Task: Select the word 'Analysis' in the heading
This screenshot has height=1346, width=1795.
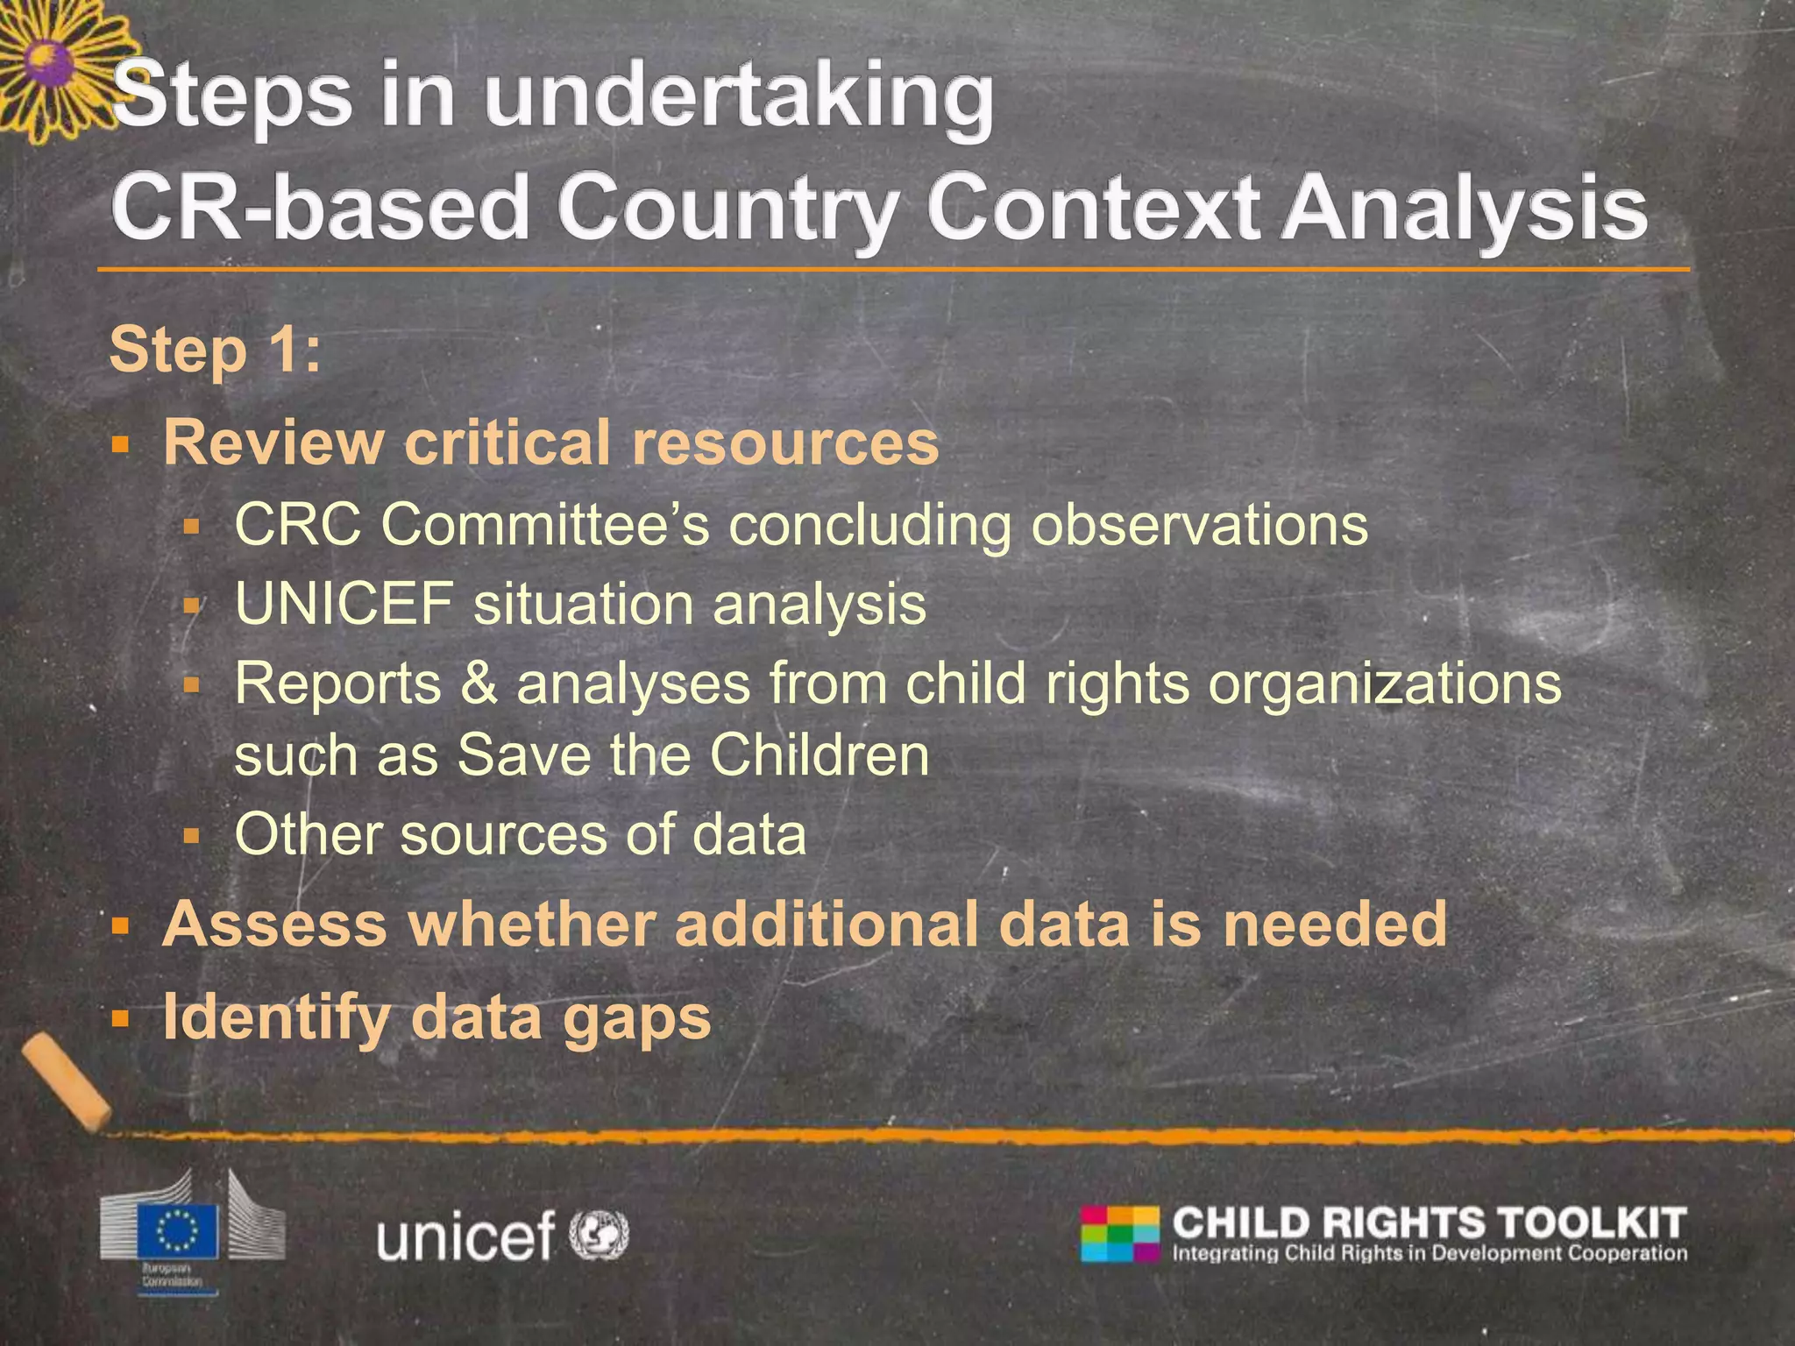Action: (x=1464, y=209)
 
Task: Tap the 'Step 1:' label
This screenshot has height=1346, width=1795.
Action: (x=215, y=350)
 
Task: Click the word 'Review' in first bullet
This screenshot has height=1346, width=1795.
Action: (x=273, y=442)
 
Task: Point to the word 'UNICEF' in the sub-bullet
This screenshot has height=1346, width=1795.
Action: (x=344, y=604)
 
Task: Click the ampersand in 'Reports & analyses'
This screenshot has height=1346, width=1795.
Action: (x=479, y=683)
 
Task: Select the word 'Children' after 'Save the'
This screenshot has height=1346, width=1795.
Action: (x=819, y=754)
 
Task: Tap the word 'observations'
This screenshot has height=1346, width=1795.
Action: (x=1199, y=525)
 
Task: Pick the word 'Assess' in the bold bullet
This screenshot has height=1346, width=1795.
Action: (x=274, y=924)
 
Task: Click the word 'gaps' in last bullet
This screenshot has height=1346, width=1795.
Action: (x=637, y=1017)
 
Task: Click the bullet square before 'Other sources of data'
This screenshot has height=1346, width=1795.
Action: (x=192, y=835)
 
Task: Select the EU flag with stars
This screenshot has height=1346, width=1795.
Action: (x=187, y=1230)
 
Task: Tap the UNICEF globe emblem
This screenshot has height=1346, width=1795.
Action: (x=600, y=1235)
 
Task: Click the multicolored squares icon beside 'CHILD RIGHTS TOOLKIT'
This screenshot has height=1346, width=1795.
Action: (x=1119, y=1234)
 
